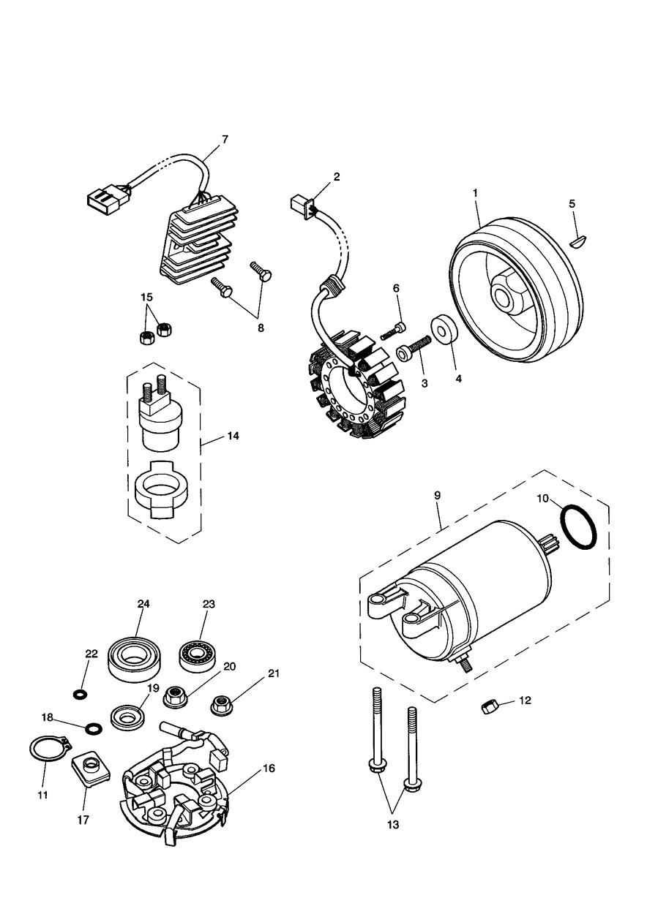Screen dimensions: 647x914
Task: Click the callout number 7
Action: pyautogui.click(x=225, y=139)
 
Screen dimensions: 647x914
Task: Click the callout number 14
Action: pyautogui.click(x=233, y=436)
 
